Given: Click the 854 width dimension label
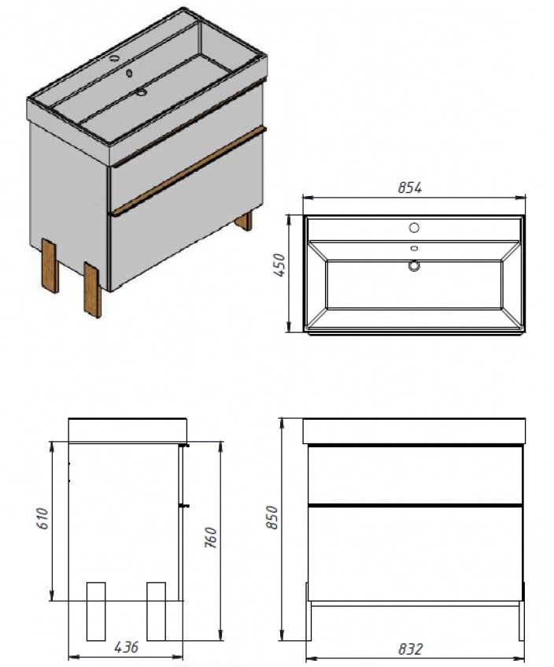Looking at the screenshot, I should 410,188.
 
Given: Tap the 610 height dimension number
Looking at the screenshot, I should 42,517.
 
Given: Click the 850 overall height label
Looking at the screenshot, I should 271,517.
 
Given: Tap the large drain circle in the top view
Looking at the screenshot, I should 412,266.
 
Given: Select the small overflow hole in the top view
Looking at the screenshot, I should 413,250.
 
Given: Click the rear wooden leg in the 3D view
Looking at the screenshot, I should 245,220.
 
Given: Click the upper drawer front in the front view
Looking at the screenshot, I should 415,474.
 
